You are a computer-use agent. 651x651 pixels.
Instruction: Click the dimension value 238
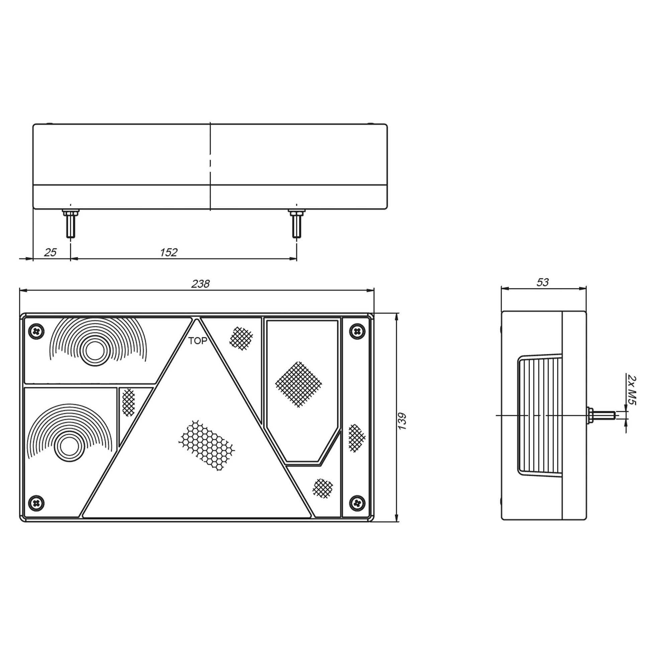pos(200,284)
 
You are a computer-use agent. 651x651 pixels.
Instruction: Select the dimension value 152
pos(169,252)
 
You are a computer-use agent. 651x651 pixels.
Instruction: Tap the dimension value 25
pos(51,252)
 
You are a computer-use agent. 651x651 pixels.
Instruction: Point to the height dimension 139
pos(402,421)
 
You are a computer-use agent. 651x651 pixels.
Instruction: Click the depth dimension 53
pos(543,282)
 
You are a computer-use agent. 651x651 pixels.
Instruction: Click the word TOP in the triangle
pos(197,341)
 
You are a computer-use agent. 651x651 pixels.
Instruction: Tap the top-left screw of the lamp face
pos(36,331)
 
